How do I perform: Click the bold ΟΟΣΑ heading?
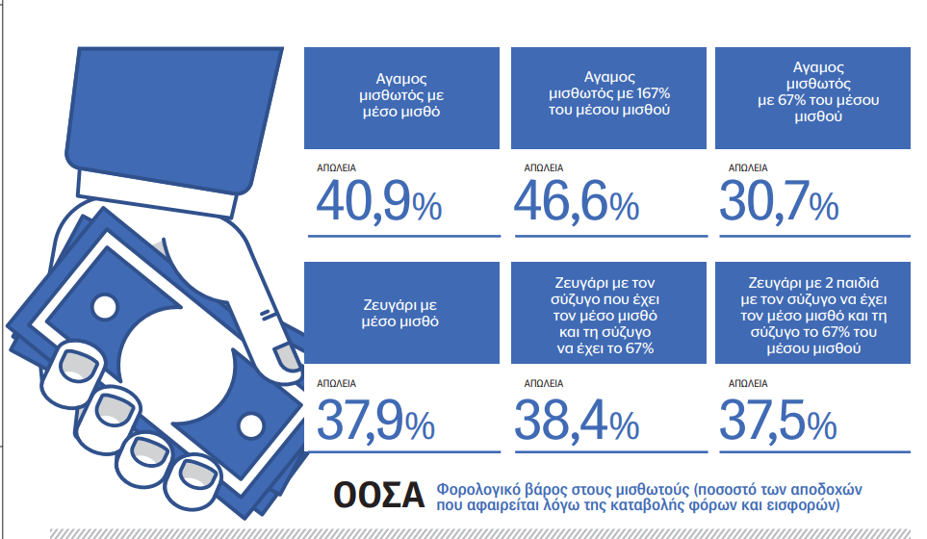click(379, 496)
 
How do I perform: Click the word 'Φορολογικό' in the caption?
click(478, 488)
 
